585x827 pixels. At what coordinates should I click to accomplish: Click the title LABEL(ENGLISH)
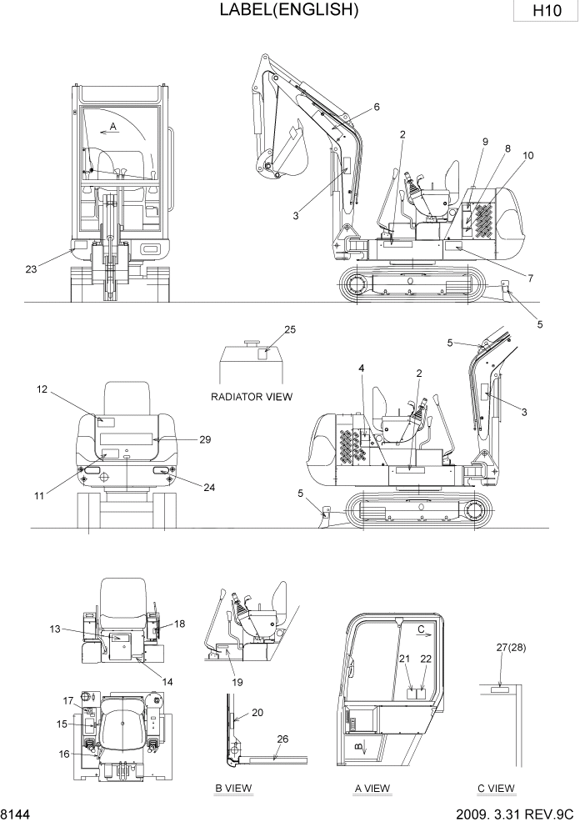point(289,10)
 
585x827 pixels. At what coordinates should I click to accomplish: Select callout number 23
point(31,268)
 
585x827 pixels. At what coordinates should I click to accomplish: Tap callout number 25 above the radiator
point(290,329)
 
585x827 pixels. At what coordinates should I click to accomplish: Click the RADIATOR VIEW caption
point(251,397)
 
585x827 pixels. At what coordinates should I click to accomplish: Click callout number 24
point(209,488)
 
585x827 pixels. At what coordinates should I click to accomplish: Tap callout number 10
point(528,156)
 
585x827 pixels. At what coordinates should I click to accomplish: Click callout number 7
point(530,278)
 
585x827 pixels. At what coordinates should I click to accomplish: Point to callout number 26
point(282,739)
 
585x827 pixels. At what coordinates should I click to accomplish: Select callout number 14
point(167,682)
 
